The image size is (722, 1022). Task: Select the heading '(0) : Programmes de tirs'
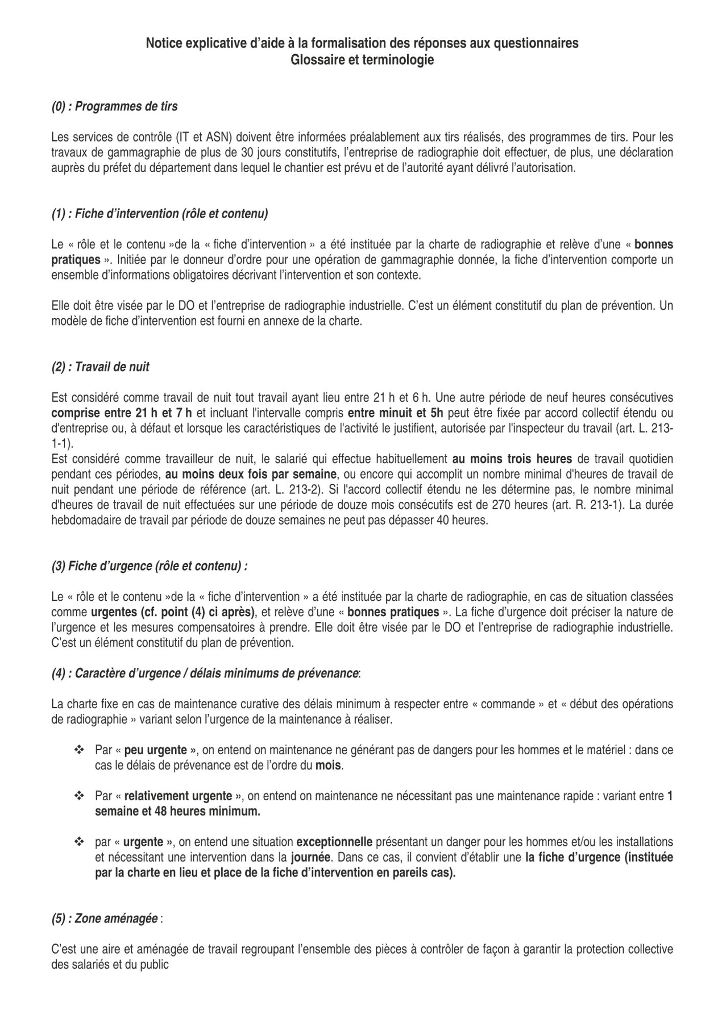(114, 106)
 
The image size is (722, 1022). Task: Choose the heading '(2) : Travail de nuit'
(100, 367)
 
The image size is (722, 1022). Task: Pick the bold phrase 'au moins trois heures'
(512, 459)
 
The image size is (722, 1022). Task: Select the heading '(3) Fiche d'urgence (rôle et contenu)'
(149, 566)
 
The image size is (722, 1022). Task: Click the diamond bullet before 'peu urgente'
(79, 750)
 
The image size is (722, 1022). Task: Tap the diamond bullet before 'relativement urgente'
(79, 796)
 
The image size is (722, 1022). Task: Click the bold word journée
(310, 857)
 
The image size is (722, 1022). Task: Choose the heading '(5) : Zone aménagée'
(104, 919)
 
